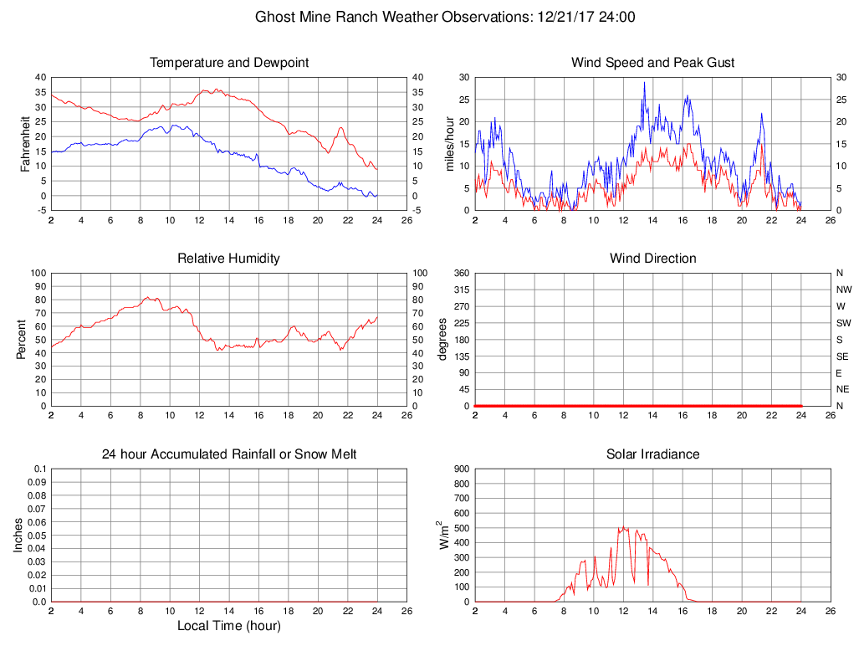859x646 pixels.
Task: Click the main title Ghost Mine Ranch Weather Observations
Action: tap(445, 17)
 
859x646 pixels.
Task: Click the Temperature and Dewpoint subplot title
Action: tap(229, 63)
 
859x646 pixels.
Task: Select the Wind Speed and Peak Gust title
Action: tap(652, 63)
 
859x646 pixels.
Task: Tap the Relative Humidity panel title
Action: tap(229, 259)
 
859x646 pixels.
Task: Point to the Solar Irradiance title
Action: tap(652, 454)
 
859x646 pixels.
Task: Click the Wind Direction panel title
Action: tap(652, 259)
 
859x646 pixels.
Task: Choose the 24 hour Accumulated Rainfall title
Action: tap(229, 454)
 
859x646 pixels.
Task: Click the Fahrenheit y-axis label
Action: tap(25, 143)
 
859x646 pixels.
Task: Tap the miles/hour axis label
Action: tap(449, 143)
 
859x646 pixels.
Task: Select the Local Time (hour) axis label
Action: tap(229, 626)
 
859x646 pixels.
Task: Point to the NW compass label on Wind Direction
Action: tap(844, 290)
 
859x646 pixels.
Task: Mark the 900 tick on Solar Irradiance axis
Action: tap(462, 469)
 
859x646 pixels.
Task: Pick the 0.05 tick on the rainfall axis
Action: tap(36, 536)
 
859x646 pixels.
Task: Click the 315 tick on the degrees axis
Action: tap(460, 290)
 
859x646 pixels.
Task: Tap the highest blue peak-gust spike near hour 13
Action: tap(644, 82)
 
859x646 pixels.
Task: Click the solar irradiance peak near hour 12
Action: tap(623, 527)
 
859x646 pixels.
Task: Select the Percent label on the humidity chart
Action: tap(22, 339)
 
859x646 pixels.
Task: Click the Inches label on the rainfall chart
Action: tap(18, 536)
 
